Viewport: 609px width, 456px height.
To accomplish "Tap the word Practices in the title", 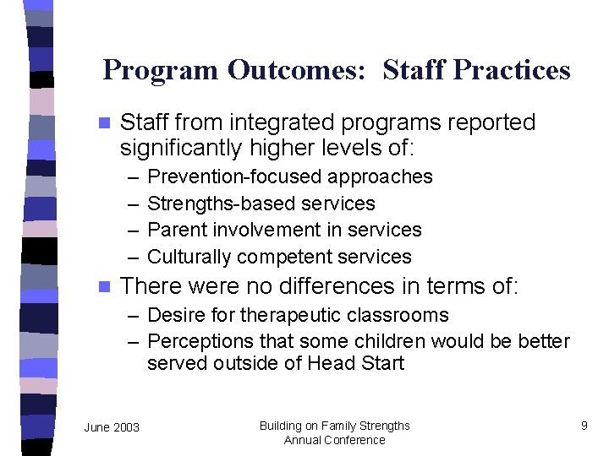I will pos(512,70).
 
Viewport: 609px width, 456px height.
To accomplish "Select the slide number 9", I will pos(584,426).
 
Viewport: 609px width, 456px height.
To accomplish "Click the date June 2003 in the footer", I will pos(112,427).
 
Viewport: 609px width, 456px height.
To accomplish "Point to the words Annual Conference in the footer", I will pos(334,440).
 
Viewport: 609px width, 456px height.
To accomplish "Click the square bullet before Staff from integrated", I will pos(104,123).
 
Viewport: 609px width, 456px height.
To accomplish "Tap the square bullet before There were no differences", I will pos(104,286).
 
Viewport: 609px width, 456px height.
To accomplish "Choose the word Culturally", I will pos(189,257).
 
